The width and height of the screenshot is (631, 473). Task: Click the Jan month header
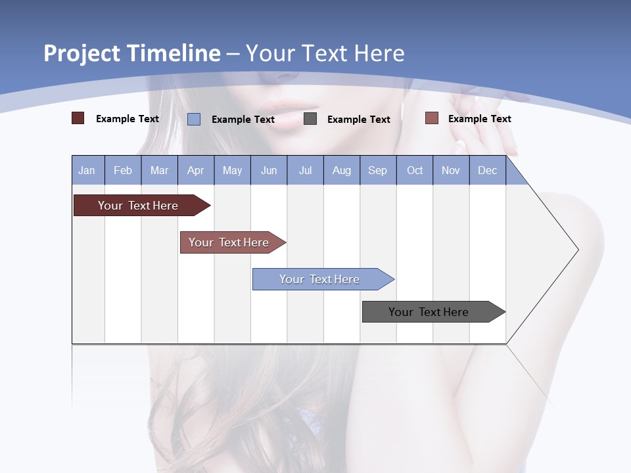point(87,170)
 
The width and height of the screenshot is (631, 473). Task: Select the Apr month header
point(195,170)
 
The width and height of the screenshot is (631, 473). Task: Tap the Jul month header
point(305,170)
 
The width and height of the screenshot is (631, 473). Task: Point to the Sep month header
point(377,170)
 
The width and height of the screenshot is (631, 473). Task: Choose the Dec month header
point(487,170)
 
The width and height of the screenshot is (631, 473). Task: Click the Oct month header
point(415,170)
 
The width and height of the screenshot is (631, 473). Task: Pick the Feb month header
point(123,170)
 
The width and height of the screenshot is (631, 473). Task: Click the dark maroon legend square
point(78,118)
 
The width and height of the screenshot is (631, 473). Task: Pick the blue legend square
point(194,119)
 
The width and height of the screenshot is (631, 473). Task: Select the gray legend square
point(310,119)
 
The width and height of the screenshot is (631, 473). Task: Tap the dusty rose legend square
point(431,118)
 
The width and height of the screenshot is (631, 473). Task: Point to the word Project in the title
point(81,53)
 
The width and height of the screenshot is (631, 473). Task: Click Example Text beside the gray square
point(358,119)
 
